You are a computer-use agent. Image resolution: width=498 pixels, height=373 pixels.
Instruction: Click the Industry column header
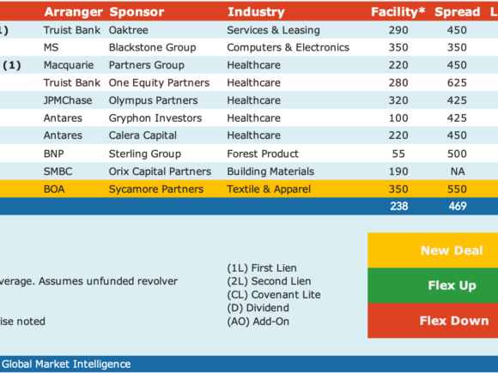pyautogui.click(x=256, y=12)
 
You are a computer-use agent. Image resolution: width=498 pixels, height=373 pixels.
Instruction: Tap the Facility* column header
pyautogui.click(x=398, y=12)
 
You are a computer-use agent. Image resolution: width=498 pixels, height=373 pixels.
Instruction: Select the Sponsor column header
pyautogui.click(x=137, y=12)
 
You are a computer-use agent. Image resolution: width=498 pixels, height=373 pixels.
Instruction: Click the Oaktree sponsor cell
pyautogui.click(x=128, y=30)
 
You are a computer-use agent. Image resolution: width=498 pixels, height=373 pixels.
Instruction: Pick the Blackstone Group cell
pyautogui.click(x=153, y=47)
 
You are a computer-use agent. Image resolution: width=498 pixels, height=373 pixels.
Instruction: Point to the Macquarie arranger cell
pyautogui.click(x=69, y=65)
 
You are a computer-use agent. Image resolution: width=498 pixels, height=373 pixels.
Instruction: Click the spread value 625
pyautogui.click(x=457, y=83)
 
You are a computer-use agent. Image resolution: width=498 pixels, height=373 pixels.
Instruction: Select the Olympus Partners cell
pyautogui.click(x=153, y=100)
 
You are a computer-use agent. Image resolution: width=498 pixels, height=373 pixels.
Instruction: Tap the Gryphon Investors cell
pyautogui.click(x=155, y=118)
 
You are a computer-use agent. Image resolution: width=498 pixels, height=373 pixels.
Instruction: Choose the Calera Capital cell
pyautogui.click(x=143, y=135)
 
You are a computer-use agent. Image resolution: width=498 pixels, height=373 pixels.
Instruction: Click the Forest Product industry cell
pyautogui.click(x=263, y=153)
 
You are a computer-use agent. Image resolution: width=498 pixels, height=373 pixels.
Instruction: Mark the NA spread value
pyautogui.click(x=458, y=171)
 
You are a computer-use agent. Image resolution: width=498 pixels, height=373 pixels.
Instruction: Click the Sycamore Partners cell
pyautogui.click(x=156, y=190)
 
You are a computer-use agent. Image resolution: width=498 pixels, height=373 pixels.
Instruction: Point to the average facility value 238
pyautogui.click(x=399, y=206)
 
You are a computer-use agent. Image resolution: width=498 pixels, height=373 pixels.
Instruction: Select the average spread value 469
pyautogui.click(x=458, y=206)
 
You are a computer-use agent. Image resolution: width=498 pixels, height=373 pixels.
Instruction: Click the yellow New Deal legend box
pyautogui.click(x=433, y=250)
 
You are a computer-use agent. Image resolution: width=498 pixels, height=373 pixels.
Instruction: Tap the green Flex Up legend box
pyautogui.click(x=433, y=286)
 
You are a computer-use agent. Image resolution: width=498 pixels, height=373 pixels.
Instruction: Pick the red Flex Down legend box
pyautogui.click(x=433, y=321)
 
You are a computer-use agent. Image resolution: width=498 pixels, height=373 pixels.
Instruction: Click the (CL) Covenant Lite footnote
pyautogui.click(x=274, y=295)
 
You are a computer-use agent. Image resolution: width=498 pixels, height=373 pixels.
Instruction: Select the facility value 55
pyautogui.click(x=398, y=153)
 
